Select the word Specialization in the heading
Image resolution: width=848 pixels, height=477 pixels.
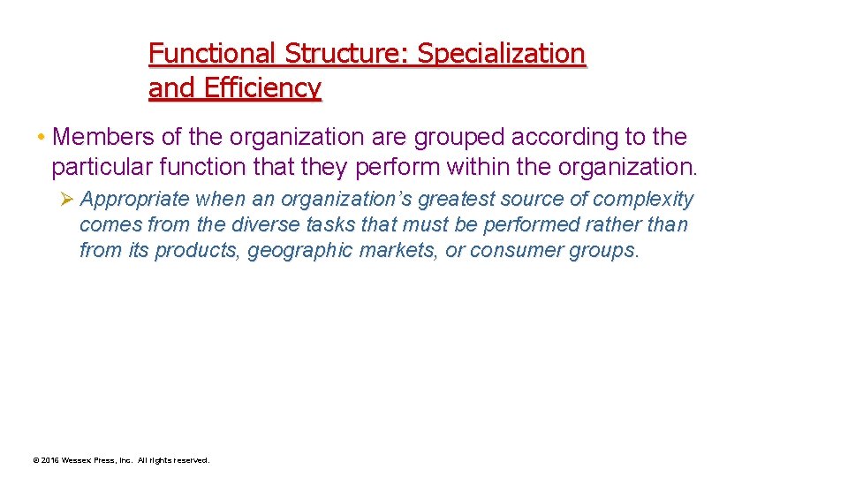(x=501, y=54)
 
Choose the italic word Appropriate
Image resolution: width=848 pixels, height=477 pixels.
(x=135, y=200)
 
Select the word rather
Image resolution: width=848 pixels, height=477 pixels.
(x=612, y=225)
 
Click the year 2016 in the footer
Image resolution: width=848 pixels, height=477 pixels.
(x=51, y=460)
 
